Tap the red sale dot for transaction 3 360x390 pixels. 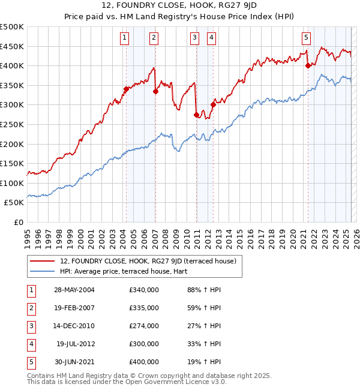click(x=196, y=115)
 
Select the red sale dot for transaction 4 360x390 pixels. click(x=213, y=104)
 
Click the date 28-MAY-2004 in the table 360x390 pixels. click(x=74, y=290)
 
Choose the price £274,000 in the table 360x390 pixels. click(x=143, y=326)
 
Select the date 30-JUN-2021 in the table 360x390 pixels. click(x=74, y=362)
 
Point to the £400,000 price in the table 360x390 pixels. click(x=143, y=362)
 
